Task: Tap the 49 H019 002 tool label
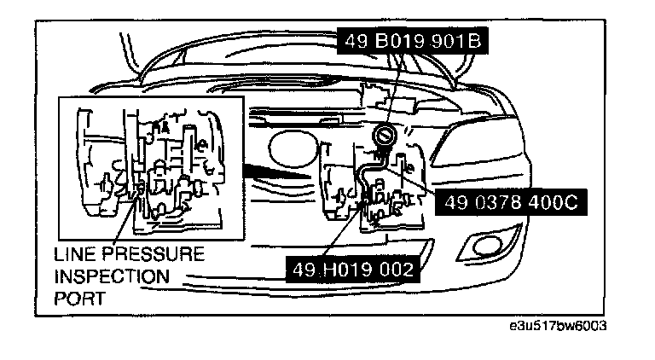[x=355, y=270]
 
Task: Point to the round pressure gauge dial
[x=384, y=137]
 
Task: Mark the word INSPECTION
[x=111, y=276]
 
